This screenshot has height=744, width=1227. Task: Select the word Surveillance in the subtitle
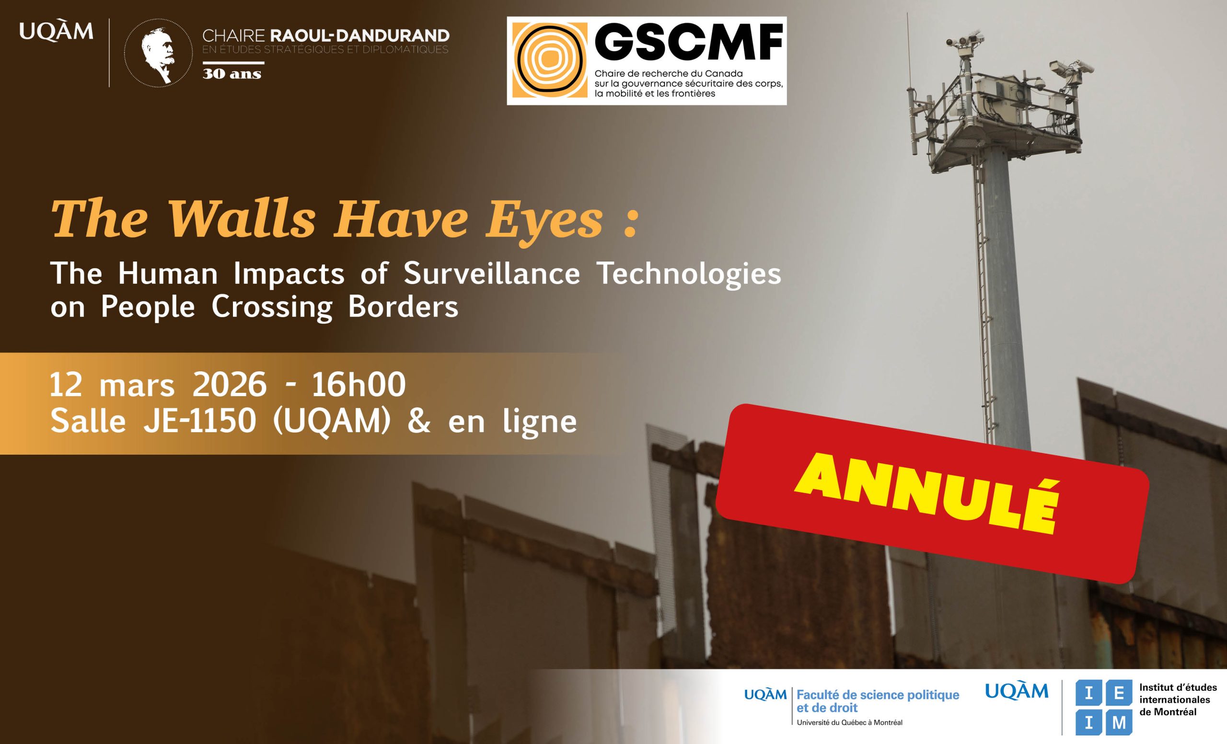[x=491, y=273]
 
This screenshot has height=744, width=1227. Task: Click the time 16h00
[x=359, y=385]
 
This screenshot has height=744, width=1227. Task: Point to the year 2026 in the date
[x=230, y=385]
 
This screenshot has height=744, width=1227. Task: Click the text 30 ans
[x=232, y=74]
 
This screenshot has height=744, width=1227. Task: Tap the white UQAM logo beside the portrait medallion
[x=56, y=31]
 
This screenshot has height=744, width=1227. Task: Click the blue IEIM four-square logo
[x=1103, y=707]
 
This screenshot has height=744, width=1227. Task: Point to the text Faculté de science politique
[x=878, y=695]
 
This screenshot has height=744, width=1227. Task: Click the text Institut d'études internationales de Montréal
[x=1178, y=699]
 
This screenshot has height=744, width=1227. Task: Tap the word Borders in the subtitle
[x=404, y=307]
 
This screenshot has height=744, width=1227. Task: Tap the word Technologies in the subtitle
[x=689, y=274]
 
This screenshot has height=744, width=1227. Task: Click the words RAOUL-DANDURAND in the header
[x=359, y=35]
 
